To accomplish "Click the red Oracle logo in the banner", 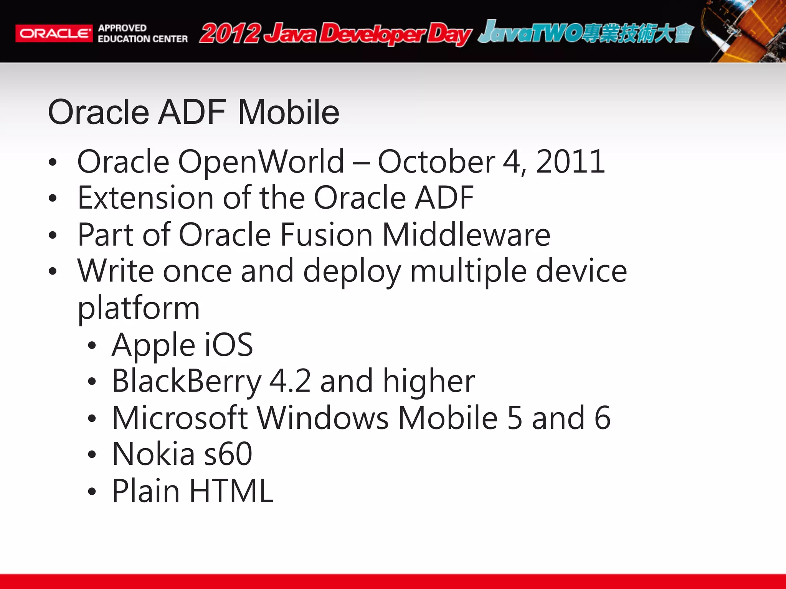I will [54, 33].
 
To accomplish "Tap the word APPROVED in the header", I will [122, 28].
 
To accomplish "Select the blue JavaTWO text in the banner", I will [530, 32].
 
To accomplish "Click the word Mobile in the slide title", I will [289, 112].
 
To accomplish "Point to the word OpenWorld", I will [261, 162].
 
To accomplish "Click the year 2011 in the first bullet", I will [570, 162].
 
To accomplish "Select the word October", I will [436, 162].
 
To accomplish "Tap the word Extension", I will [145, 198].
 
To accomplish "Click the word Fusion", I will [326, 235].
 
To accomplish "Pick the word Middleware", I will [466, 235].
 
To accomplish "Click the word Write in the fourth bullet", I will [116, 271].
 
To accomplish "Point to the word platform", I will [139, 308].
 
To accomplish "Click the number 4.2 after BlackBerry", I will [290, 381].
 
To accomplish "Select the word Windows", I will [322, 418].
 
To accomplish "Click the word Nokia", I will [154, 454].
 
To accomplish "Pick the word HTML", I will [231, 491].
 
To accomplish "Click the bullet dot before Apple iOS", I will [91, 346].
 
